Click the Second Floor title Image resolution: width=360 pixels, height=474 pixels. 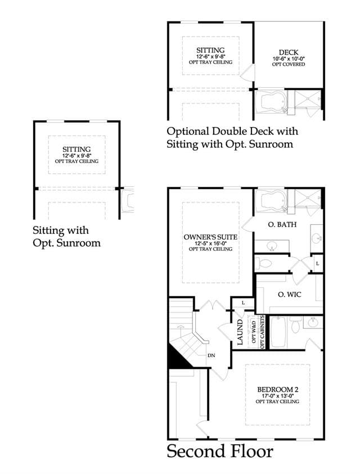tap(220, 452)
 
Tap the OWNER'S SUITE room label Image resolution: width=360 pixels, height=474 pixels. tap(210, 237)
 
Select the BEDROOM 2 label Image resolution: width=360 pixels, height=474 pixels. tap(278, 390)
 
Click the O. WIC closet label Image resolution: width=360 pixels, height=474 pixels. tap(290, 295)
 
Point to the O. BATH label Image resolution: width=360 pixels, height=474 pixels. tap(282, 224)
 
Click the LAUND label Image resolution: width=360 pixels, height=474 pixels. tap(240, 332)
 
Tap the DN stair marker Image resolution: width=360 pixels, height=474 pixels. tap(211, 355)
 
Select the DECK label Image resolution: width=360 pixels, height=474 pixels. tap(289, 53)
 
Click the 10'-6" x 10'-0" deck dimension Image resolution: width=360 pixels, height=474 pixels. tap(289, 59)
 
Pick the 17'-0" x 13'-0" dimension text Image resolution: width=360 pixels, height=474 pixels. tap(278, 396)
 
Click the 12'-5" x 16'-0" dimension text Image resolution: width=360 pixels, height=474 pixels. tap(210, 243)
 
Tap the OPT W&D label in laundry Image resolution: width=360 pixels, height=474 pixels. tap(254, 332)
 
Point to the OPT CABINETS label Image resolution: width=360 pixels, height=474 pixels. tap(262, 331)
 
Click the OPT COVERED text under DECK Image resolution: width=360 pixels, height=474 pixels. tap(289, 65)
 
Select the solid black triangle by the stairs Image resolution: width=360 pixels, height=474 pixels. tap(178, 358)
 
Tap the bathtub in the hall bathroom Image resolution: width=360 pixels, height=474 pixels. tap(278, 332)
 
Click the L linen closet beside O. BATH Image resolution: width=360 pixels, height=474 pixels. tap(317, 264)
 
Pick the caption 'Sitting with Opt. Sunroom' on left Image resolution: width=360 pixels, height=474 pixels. tap(66, 237)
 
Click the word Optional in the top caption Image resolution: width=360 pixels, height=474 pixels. tap(188, 132)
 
